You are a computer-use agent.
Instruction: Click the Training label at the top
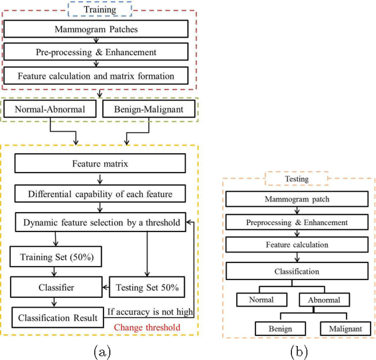pyautogui.click(x=99, y=10)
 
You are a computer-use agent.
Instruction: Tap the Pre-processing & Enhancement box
pyautogui.click(x=97, y=52)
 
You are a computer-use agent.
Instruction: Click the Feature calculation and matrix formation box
pyautogui.click(x=97, y=76)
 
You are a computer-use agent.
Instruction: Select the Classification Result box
pyautogui.click(x=57, y=318)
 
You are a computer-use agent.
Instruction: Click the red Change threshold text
pyautogui.click(x=147, y=328)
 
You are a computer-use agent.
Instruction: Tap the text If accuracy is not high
pyautogui.click(x=151, y=312)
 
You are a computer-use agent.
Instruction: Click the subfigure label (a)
pyautogui.click(x=100, y=351)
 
